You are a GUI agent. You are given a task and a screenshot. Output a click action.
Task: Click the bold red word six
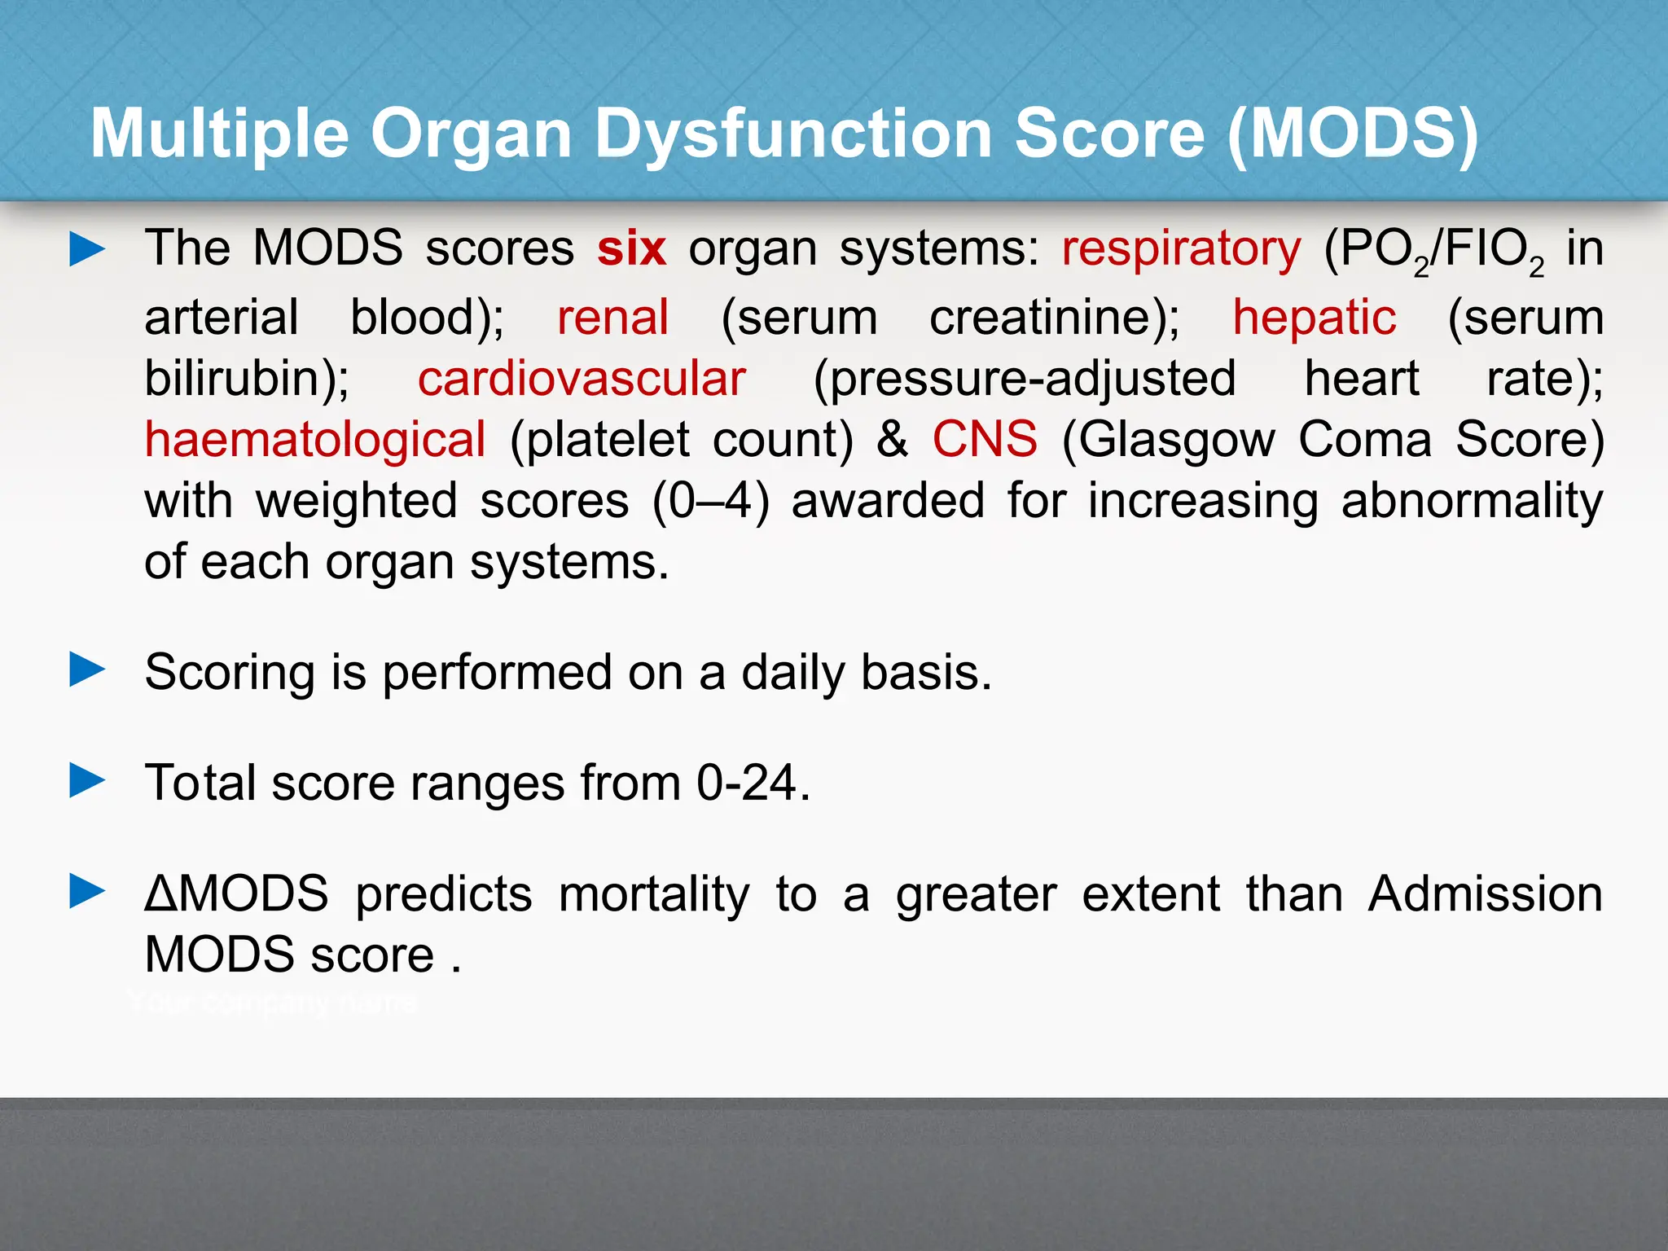point(631,249)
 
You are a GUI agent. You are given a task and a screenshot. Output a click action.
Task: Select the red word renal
point(612,318)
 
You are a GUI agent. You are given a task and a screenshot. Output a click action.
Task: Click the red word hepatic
point(1314,318)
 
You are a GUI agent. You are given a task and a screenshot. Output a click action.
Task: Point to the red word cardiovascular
point(582,380)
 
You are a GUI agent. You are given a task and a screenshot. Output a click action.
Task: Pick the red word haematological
point(315,441)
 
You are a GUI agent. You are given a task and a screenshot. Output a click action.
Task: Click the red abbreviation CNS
point(985,440)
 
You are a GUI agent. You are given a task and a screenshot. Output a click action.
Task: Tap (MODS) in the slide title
point(1353,134)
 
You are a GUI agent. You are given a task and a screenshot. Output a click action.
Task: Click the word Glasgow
point(1169,441)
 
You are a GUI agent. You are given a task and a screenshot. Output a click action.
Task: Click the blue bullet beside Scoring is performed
point(87,670)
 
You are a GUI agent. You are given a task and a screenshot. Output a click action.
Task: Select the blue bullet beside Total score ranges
point(87,780)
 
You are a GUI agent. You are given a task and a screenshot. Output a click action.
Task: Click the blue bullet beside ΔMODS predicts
point(87,891)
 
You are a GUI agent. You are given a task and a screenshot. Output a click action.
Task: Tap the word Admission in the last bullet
point(1485,894)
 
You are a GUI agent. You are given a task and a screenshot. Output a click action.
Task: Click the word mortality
point(653,894)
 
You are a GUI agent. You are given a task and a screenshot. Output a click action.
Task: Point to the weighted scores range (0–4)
point(710,501)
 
